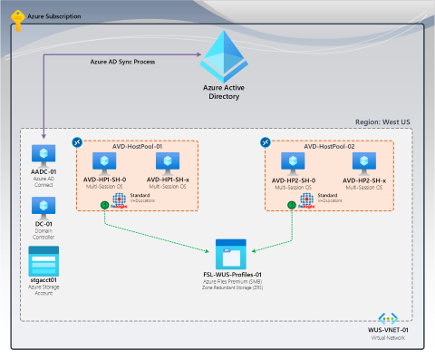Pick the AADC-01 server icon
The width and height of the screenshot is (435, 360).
point(43,154)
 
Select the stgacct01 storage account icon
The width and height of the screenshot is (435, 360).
point(43,260)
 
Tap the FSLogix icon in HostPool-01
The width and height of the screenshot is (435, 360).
point(119,199)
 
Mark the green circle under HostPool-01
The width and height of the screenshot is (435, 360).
point(104,205)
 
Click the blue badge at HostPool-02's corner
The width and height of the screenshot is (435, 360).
point(267,142)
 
